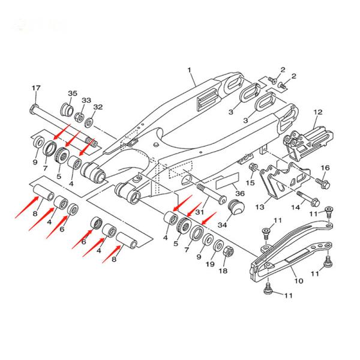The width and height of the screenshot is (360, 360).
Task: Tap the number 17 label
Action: pyautogui.click(x=35, y=88)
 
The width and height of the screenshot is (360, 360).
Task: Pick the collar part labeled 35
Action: pyautogui.click(x=65, y=111)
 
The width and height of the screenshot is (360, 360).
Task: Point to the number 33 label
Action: pyautogui.click(x=86, y=100)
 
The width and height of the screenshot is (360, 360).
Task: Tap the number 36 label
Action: pyautogui.click(x=240, y=194)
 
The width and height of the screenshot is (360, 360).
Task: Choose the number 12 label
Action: pyautogui.click(x=318, y=112)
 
